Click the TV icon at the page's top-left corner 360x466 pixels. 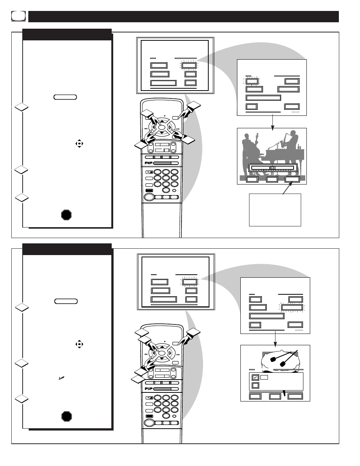tap(18, 16)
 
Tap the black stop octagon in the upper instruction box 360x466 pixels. tap(66, 215)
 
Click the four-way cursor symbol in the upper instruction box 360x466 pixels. tap(79, 143)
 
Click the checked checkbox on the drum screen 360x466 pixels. tap(255, 377)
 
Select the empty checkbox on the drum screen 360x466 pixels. tap(255, 385)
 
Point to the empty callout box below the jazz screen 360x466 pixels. tap(275, 210)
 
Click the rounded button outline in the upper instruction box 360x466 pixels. tap(65, 97)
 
